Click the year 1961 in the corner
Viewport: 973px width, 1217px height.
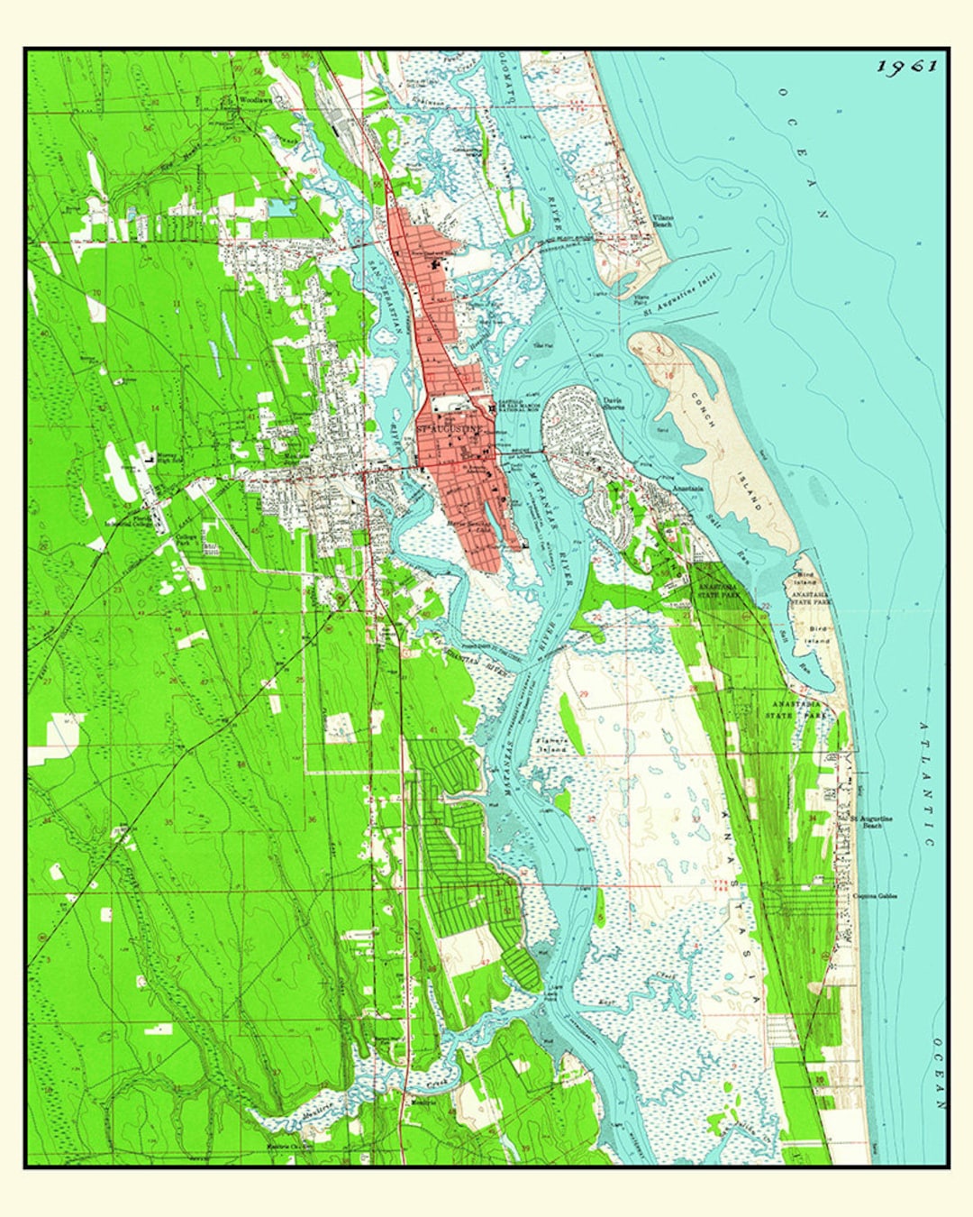pyautogui.click(x=908, y=66)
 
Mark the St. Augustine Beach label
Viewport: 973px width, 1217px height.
pyautogui.click(x=871, y=821)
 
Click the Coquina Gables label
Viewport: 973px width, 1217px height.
pyautogui.click(x=876, y=896)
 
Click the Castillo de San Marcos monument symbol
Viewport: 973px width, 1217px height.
pyautogui.click(x=491, y=410)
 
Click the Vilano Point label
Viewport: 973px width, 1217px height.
pyautogui.click(x=641, y=298)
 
